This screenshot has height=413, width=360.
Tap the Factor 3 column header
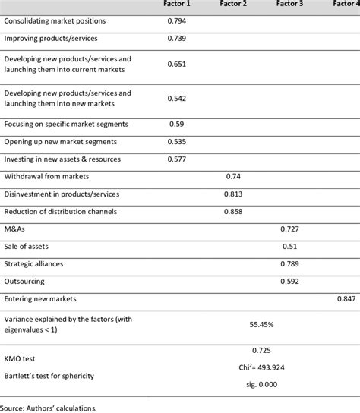click(289, 5)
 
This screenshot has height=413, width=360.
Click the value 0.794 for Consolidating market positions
click(176, 20)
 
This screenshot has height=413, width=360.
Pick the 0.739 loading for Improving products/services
click(176, 37)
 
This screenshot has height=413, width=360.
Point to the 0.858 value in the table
click(233, 210)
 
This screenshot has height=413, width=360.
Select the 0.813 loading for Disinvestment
click(233, 193)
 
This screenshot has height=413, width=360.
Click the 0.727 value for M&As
click(289, 228)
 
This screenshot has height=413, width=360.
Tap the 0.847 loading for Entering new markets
click(346, 299)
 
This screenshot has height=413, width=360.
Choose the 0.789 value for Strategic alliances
click(289, 263)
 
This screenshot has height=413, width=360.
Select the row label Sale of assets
click(28, 246)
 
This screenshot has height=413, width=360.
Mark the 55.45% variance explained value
click(261, 324)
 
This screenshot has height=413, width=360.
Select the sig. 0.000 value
click(261, 385)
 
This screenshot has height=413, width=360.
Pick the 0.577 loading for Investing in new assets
click(176, 158)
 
